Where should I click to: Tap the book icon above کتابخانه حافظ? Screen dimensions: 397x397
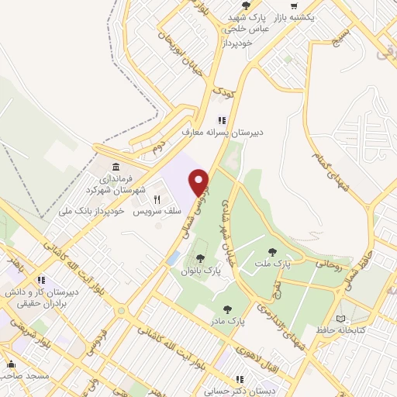click(x=342, y=319)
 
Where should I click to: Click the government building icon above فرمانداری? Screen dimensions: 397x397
click(x=116, y=167)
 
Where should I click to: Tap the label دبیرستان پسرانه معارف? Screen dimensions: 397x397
click(x=223, y=133)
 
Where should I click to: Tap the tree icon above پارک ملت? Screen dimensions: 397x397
click(x=271, y=251)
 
